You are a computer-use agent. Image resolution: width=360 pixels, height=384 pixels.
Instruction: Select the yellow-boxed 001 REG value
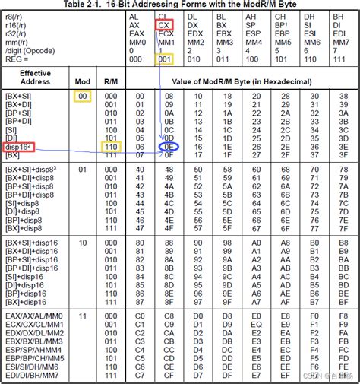point(164,59)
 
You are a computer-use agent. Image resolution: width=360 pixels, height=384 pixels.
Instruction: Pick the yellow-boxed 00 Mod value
point(82,97)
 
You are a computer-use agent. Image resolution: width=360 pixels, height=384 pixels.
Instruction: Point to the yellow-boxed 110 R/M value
point(111,146)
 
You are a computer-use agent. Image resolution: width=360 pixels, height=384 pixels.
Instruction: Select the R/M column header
point(111,80)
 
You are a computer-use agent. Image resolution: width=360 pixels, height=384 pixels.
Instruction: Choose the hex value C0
point(139,313)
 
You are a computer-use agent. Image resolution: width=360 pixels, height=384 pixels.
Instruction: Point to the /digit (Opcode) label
point(29,50)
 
